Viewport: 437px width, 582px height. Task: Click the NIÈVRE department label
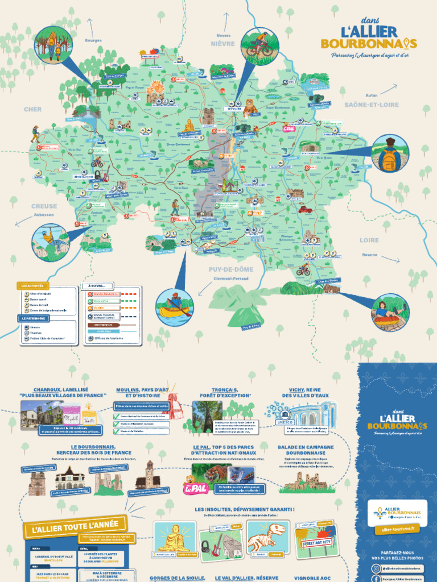click(x=222, y=43)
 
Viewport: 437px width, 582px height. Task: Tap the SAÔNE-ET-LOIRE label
click(x=372, y=105)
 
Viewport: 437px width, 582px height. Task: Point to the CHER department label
click(x=32, y=109)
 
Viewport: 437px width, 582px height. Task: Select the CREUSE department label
click(x=44, y=206)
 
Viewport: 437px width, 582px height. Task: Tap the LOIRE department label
click(x=369, y=240)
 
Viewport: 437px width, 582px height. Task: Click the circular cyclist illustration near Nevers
click(x=259, y=45)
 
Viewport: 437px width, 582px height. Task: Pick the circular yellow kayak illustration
click(x=175, y=306)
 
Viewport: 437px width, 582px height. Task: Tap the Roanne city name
click(x=370, y=255)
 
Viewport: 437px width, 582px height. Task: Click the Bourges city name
click(x=93, y=40)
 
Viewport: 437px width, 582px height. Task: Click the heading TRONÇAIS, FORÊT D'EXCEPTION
click(x=223, y=393)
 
